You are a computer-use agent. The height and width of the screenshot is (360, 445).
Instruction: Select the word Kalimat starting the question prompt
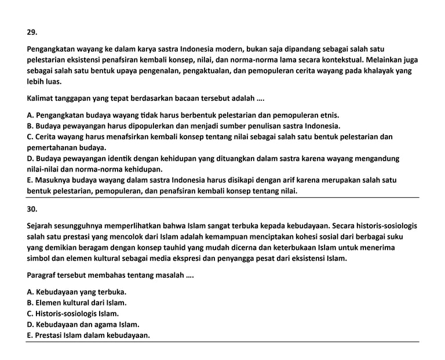tap(42, 98)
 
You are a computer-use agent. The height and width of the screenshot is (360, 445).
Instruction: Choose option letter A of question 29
tap(30, 115)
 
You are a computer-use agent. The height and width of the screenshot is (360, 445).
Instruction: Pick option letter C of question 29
tap(30, 137)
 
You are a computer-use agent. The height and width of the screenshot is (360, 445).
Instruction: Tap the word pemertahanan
tap(52, 147)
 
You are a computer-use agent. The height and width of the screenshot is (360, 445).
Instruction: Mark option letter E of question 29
tap(30, 180)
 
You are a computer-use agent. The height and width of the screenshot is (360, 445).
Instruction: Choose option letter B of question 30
tap(30, 302)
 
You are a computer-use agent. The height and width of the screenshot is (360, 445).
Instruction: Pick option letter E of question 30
tap(30, 335)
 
